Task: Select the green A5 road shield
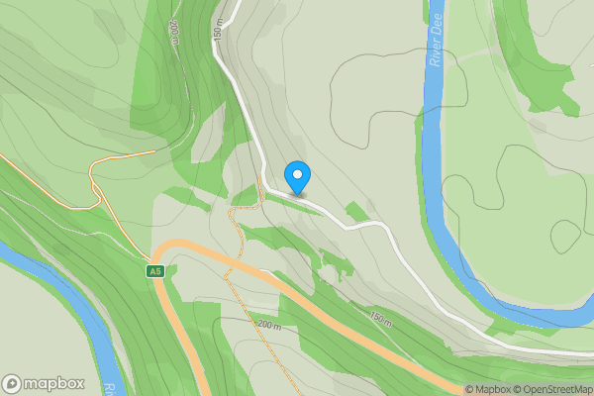pyautogui.click(x=154, y=270)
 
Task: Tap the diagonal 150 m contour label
pyautogui.click(x=381, y=320)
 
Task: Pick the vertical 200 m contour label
pyautogui.click(x=173, y=34)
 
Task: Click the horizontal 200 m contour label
pyautogui.click(x=269, y=325)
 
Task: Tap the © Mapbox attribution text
pyautogui.click(x=487, y=390)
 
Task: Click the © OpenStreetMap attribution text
pyautogui.click(x=551, y=390)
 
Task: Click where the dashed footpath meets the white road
pyautogui.click(x=258, y=179)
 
